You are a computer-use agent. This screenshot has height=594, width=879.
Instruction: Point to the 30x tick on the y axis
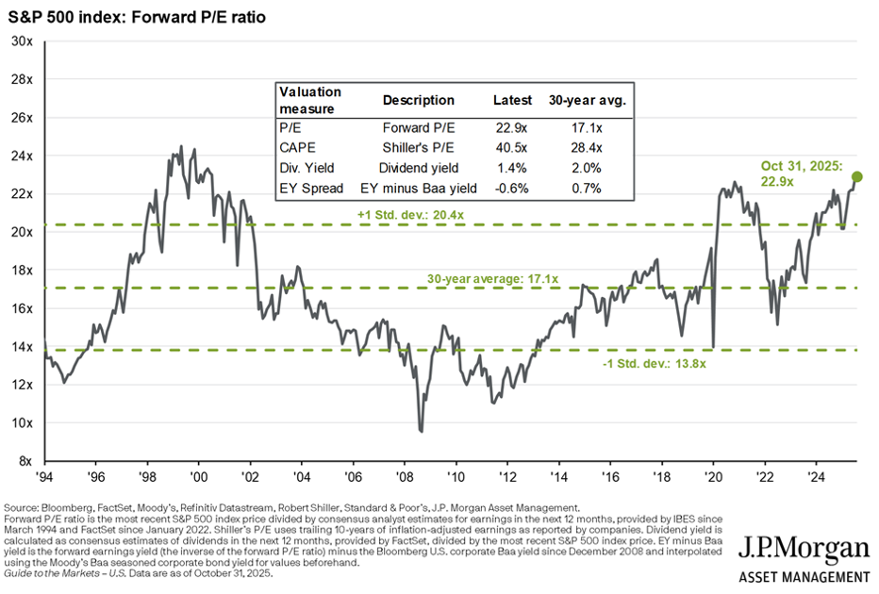coord(22,41)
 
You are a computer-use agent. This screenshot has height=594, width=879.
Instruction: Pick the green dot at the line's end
coord(857,176)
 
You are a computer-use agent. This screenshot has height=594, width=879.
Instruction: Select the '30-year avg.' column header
coord(587,100)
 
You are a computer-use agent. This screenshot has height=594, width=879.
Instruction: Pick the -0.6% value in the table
coord(511,188)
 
